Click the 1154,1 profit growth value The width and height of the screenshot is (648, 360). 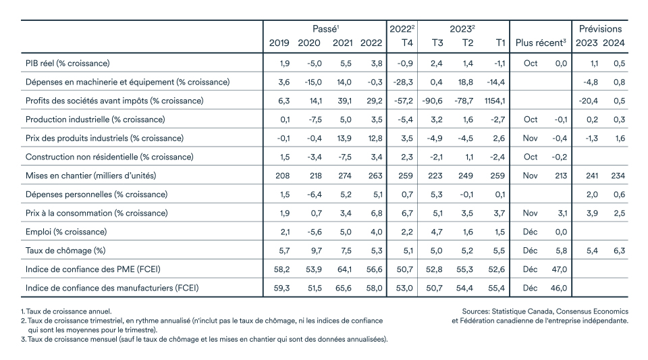pos(494,101)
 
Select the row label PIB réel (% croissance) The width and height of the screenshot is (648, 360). pos(67,63)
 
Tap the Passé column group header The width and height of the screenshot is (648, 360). pos(325,29)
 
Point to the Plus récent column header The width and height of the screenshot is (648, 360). pos(541,43)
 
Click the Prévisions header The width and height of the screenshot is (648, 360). pos(600,29)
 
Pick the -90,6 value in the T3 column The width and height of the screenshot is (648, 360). pos(432,101)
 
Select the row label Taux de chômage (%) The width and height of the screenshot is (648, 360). pos(65,251)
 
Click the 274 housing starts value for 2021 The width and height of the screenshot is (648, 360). pos(344,176)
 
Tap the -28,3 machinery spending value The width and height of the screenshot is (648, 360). pos(403,82)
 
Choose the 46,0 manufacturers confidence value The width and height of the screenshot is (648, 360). pos(559,288)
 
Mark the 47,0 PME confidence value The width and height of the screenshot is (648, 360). pos(559,269)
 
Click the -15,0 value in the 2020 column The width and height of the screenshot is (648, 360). pos(313,82)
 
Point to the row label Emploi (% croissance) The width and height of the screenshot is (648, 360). pos(66,232)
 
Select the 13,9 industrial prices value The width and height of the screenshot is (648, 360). pos(344,138)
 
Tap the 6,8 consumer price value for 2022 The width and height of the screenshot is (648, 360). pos(377,213)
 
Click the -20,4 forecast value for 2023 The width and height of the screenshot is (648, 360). pos(589,101)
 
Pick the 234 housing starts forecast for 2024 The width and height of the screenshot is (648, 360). pos(618,176)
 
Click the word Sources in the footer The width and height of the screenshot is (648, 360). pos(475,311)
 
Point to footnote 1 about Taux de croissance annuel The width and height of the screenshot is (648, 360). pos(66,311)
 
